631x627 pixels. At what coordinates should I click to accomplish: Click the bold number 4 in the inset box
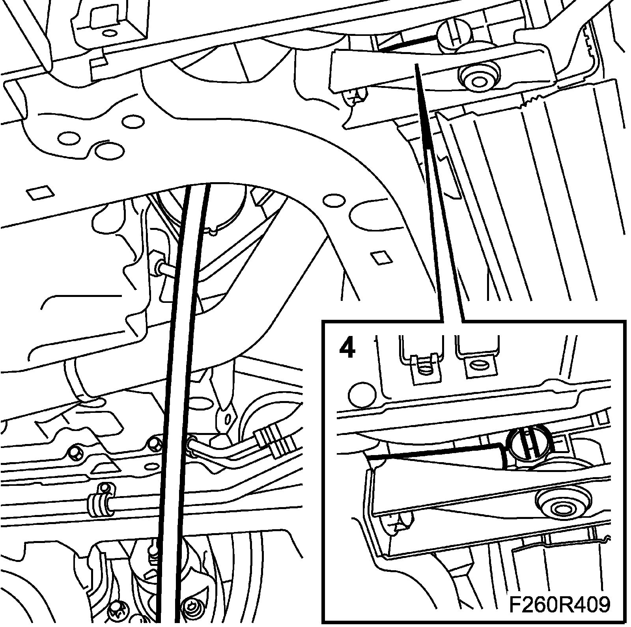347,347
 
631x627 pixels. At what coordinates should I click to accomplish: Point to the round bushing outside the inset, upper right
478,80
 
